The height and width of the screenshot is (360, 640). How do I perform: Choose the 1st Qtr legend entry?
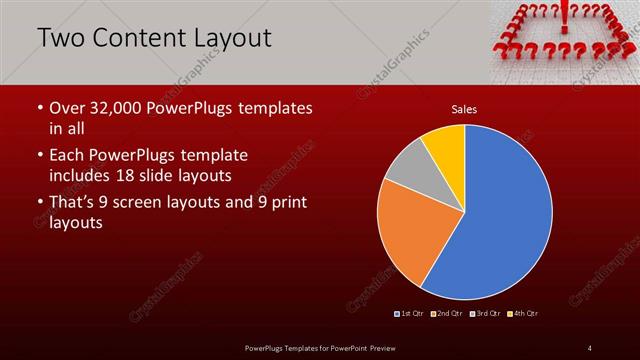[x=411, y=314]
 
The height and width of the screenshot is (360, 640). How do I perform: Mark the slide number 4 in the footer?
[x=589, y=347]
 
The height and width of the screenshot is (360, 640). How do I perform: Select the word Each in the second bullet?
[x=66, y=156]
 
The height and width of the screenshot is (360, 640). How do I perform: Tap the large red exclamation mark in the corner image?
[x=565, y=18]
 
